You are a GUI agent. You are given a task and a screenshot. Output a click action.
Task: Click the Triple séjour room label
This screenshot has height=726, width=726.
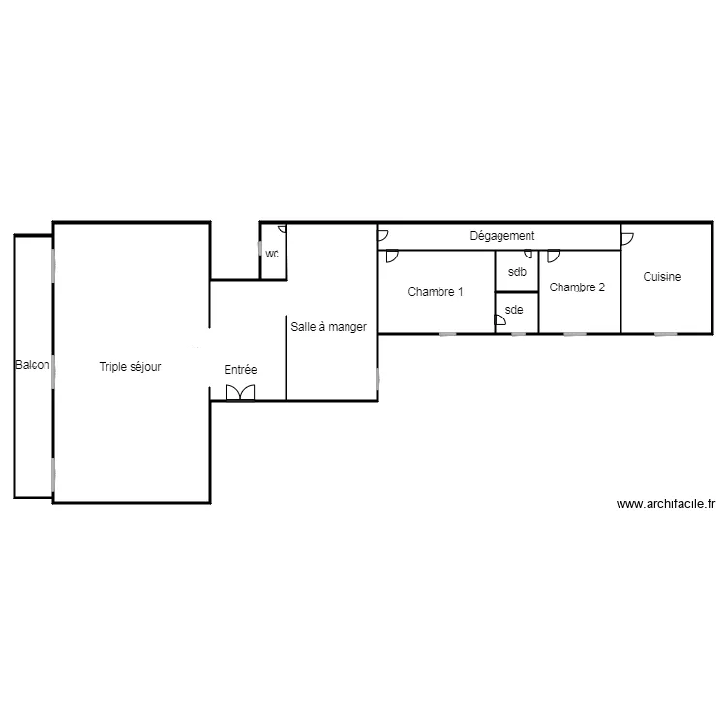pos(130,367)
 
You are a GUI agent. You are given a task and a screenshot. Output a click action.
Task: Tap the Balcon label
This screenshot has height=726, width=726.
pos(32,366)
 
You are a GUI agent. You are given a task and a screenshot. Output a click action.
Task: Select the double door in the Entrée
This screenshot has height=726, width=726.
pos(239,392)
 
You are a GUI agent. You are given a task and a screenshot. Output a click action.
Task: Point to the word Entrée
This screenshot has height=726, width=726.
pos(240,370)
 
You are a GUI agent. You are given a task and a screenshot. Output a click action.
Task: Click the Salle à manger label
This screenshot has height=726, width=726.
pos(328,327)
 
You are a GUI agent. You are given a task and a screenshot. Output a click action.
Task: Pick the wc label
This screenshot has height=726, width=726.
pos(272,255)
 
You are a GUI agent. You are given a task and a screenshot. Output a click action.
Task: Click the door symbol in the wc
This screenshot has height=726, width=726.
pos(282,229)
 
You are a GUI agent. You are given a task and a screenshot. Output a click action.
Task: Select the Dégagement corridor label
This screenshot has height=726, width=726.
pos(501,236)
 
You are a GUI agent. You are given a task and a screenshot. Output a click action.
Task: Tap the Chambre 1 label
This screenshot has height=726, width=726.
pos(435,292)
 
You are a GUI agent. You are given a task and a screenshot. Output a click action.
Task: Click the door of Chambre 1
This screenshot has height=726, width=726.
pos(391,257)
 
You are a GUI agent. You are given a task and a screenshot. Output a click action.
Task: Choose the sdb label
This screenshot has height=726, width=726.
pos(517,272)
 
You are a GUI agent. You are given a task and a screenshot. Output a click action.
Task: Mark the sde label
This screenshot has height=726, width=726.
pos(514,310)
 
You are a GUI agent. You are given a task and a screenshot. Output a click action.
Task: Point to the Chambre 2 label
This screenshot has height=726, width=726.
pos(577,287)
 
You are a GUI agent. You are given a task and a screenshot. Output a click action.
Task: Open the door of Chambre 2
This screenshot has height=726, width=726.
pos(553,257)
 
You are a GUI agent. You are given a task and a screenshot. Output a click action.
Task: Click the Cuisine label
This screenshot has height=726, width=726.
pos(662,277)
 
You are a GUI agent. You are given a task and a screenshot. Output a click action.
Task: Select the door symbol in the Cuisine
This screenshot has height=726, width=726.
pos(626,237)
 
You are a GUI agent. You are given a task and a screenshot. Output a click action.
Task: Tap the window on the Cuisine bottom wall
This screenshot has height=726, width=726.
pos(665,334)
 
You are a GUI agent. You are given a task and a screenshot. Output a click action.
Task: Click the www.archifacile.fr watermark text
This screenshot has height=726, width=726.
pos(665,504)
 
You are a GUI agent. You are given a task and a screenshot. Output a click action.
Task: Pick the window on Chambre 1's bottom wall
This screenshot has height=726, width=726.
pos(447,334)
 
